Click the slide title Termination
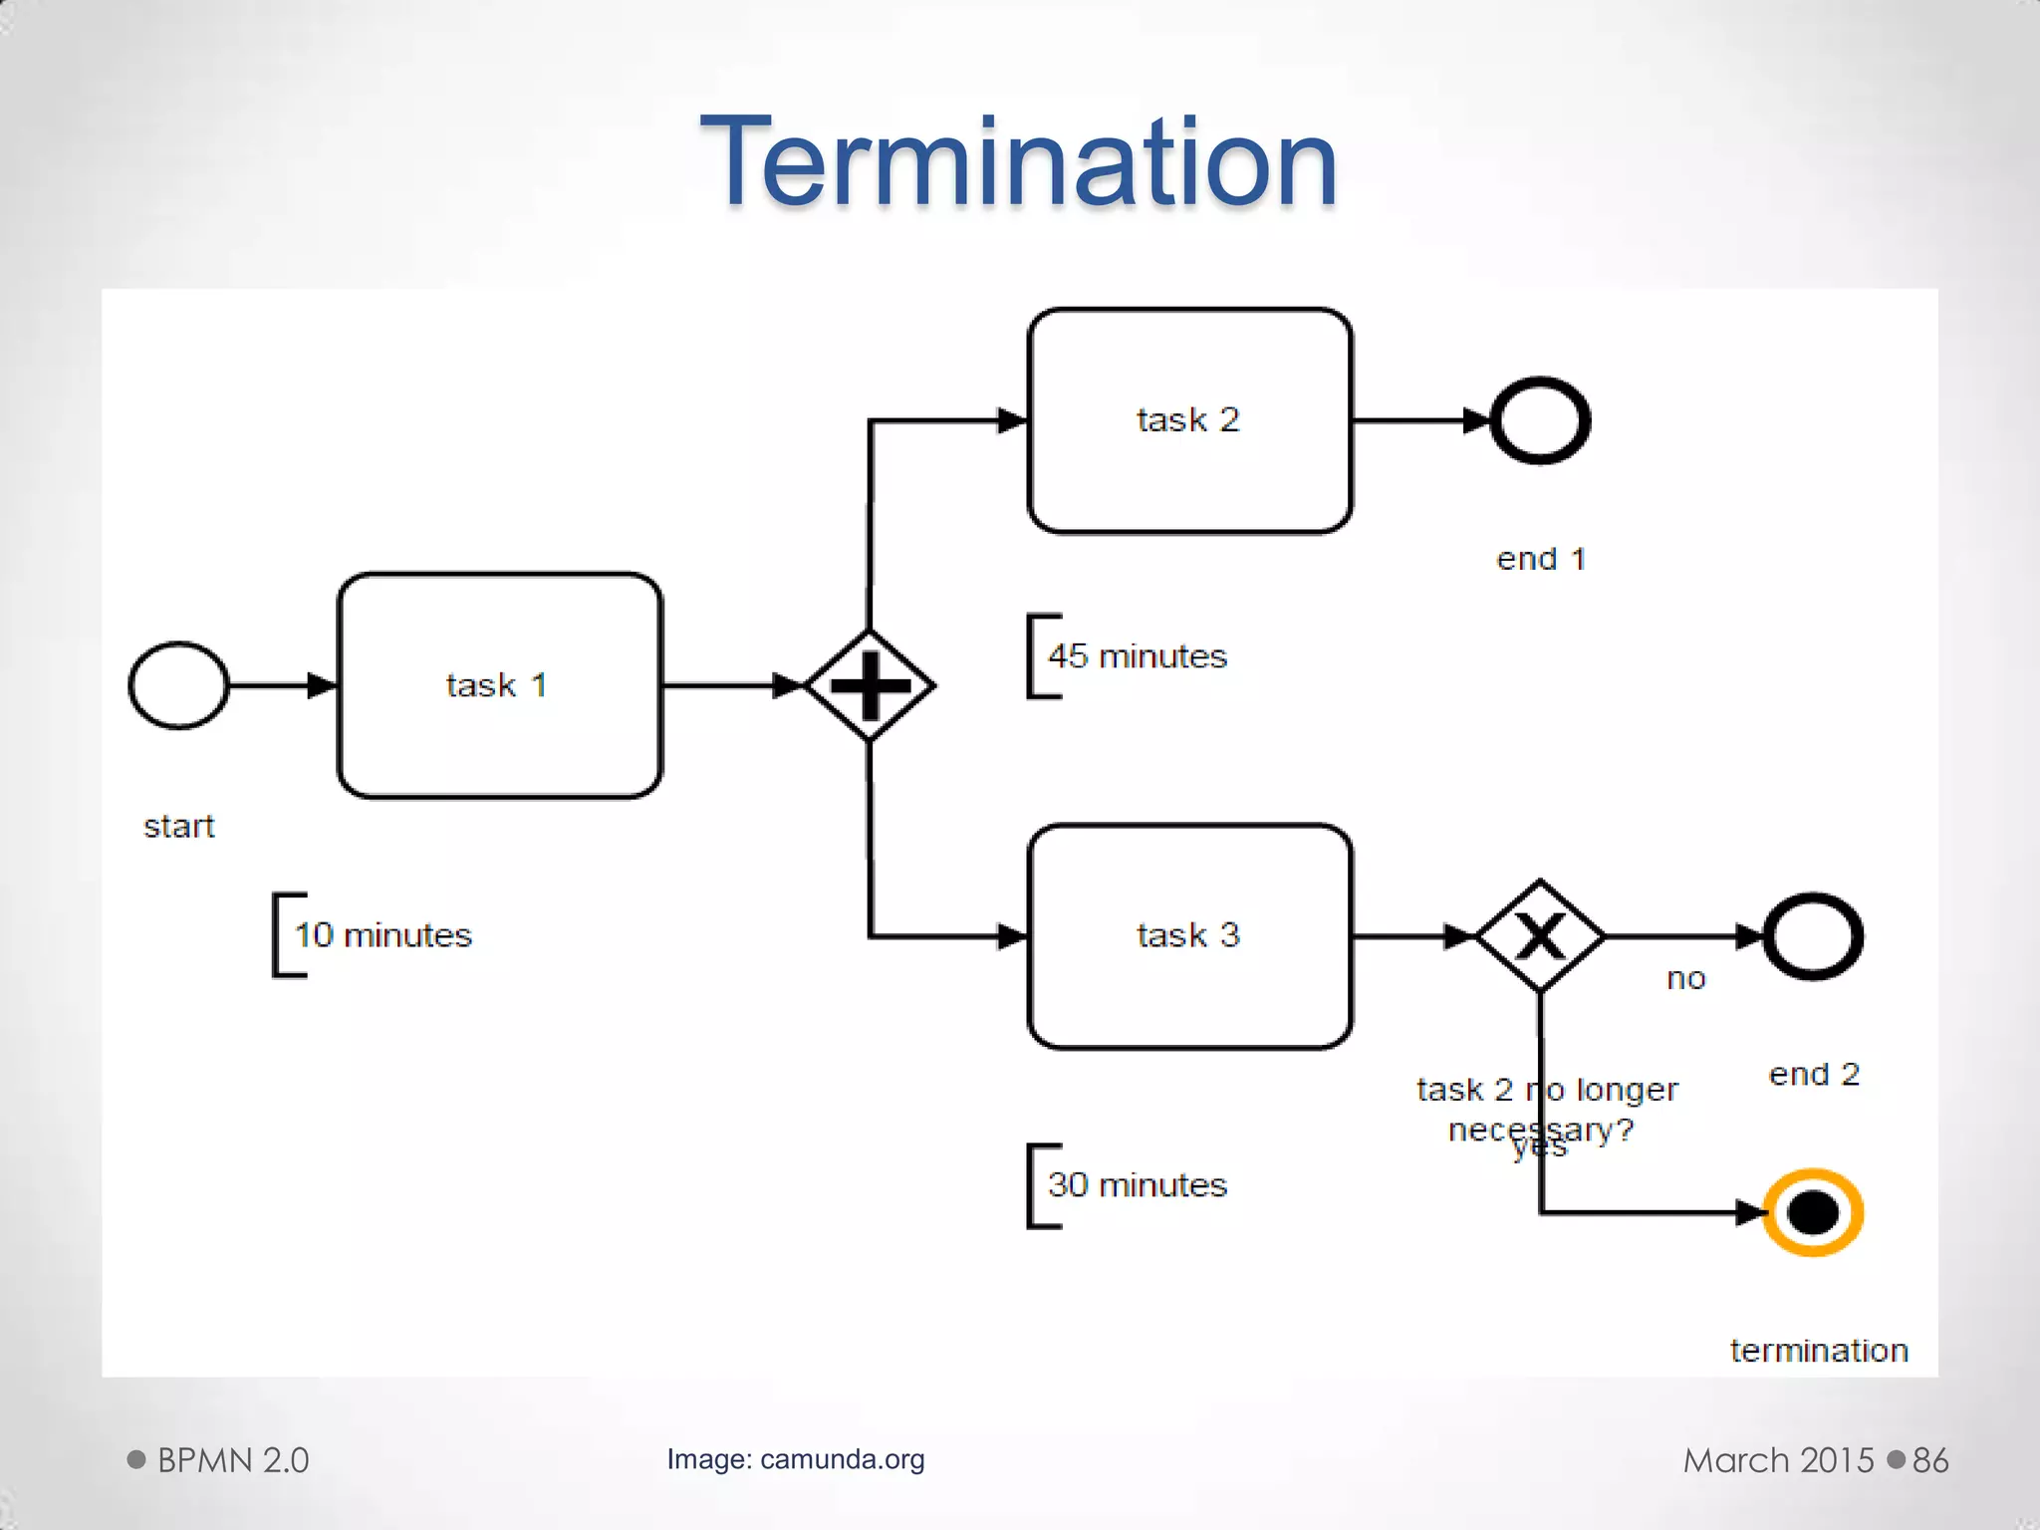(x=1018, y=161)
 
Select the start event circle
(x=179, y=685)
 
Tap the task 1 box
(x=499, y=685)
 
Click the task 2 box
(x=1189, y=420)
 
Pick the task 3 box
(x=1189, y=936)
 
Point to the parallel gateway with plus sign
(x=870, y=685)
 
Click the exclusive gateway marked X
(x=1540, y=936)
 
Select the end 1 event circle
(x=1540, y=420)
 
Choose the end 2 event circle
(x=1813, y=936)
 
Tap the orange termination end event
(x=1813, y=1212)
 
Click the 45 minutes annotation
(x=1137, y=656)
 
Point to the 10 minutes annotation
(x=382, y=935)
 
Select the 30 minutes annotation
(x=1137, y=1185)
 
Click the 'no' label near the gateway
(x=1685, y=979)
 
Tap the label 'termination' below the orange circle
(x=1819, y=1351)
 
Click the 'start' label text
(x=179, y=827)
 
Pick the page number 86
(x=1929, y=1460)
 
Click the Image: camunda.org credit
(x=795, y=1459)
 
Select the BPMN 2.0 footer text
(x=233, y=1460)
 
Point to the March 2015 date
(x=1778, y=1460)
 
